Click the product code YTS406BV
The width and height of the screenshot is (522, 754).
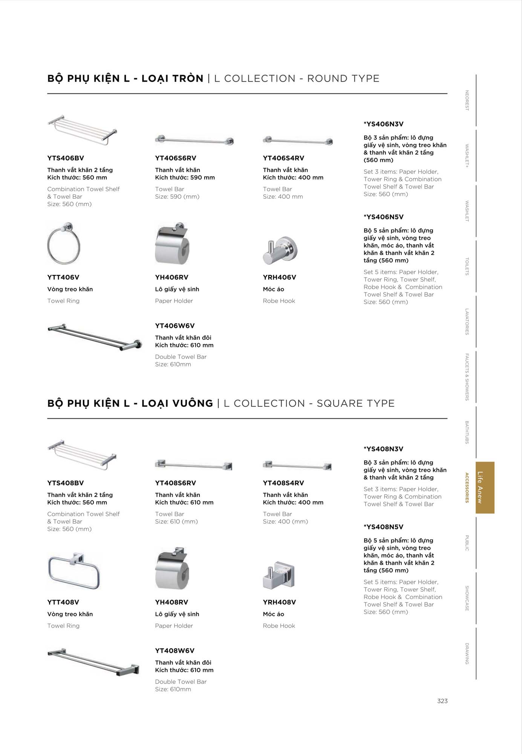(66, 158)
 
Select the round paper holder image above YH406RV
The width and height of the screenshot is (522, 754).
(171, 244)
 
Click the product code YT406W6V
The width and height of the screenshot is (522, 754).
(175, 326)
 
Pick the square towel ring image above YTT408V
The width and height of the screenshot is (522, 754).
(74, 570)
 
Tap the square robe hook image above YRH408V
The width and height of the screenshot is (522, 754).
(279, 576)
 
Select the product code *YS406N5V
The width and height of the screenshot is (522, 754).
(384, 217)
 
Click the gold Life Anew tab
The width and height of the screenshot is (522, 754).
(485, 487)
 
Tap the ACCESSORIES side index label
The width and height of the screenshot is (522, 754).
(467, 487)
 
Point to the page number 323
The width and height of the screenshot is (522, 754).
(442, 701)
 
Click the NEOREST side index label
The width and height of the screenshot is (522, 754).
(467, 100)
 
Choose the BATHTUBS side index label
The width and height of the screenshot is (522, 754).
(467, 432)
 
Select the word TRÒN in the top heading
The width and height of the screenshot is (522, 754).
(188, 78)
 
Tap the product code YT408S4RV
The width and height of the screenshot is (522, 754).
(283, 483)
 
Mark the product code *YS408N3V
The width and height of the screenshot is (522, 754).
(384, 449)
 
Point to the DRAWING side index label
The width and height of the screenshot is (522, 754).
(467, 654)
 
